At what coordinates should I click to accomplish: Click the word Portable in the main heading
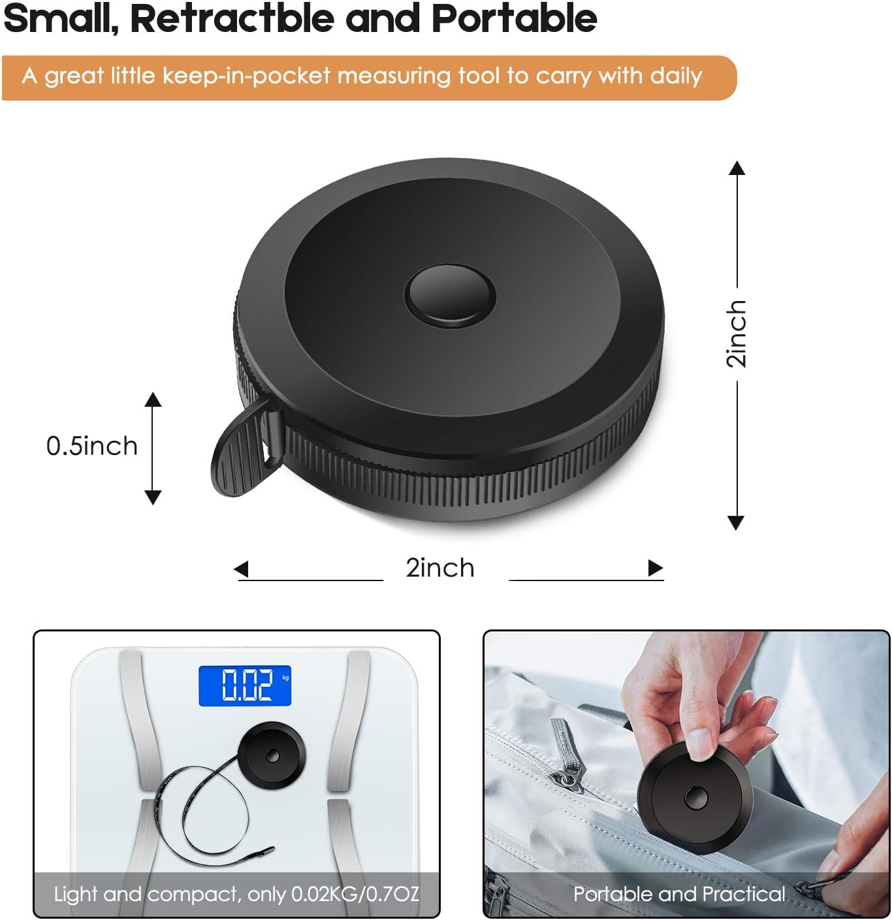coord(514,18)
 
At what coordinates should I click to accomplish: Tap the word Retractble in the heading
coord(232,18)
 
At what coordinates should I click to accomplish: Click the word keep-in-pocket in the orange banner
coord(246,76)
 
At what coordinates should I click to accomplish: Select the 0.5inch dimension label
coord(91,446)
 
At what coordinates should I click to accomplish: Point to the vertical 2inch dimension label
coord(737,333)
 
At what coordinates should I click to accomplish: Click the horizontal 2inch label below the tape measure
coord(439,567)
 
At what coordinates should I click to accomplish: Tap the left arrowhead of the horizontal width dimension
coord(241,569)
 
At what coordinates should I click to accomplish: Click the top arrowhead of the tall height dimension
coord(737,168)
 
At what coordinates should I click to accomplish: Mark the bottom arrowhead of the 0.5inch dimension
coord(153,498)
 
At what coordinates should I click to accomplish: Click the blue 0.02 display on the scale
coord(244,686)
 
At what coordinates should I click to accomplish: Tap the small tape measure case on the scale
coord(273,755)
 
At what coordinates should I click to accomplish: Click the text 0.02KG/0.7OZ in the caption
coord(355,894)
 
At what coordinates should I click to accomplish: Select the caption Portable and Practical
coord(679,894)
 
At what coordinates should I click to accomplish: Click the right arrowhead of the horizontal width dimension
coord(656,569)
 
